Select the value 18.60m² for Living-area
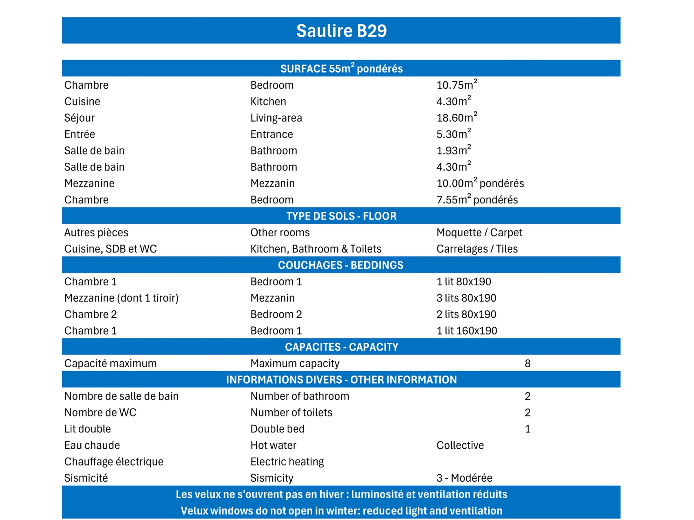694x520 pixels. (457, 118)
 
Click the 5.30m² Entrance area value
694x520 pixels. (453, 134)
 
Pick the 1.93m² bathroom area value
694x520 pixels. (453, 150)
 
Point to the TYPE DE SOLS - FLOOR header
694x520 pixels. (341, 216)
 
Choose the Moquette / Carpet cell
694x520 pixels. (479, 232)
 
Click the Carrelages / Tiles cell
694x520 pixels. (477, 248)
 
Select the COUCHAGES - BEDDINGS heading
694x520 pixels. (341, 265)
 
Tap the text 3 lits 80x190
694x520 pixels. (466, 298)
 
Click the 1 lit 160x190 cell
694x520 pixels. (466, 330)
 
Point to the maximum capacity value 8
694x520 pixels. (527, 363)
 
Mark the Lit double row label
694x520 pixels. (88, 428)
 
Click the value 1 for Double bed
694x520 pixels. (527, 428)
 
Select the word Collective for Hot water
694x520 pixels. (460, 445)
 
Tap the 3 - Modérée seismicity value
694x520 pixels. (464, 478)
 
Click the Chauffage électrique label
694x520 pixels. (114, 461)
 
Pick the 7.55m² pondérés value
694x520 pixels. (477, 199)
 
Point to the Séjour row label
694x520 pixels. (80, 118)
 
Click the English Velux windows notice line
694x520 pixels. (341, 510)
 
